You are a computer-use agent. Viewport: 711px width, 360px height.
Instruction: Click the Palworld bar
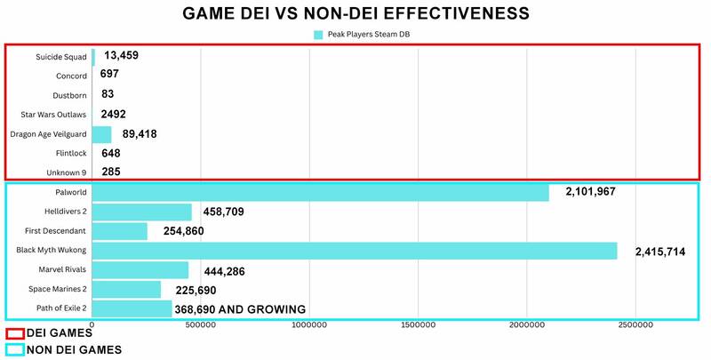[320, 192]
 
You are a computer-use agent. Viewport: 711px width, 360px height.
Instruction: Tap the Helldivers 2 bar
[141, 212]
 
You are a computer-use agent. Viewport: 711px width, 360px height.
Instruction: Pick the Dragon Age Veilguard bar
[101, 134]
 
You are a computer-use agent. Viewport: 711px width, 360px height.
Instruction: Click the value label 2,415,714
[659, 252]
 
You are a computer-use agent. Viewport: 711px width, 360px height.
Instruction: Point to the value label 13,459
[121, 55]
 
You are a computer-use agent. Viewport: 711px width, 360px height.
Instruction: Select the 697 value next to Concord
[109, 75]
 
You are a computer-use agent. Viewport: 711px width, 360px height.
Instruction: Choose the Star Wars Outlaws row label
[53, 115]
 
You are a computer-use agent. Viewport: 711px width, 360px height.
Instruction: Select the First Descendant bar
[119, 231]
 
